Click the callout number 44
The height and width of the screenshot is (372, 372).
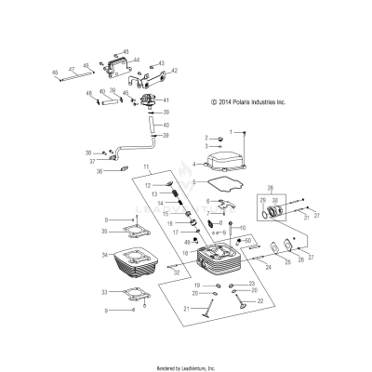(x=136, y=60)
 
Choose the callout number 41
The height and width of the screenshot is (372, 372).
(x=166, y=100)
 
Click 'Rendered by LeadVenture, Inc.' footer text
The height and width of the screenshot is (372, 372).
(x=186, y=367)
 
